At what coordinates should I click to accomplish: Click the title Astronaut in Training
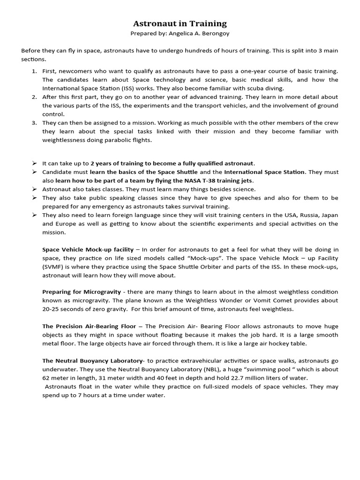pyautogui.click(x=180, y=23)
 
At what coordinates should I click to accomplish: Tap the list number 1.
pyautogui.click(x=34, y=71)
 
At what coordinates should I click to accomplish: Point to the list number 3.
pyautogui.click(x=34, y=123)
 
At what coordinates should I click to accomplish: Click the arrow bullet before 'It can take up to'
pyautogui.click(x=34, y=163)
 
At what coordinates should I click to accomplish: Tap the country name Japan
pyautogui.click(x=328, y=215)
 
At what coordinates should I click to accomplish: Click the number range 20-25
pyautogui.click(x=52, y=309)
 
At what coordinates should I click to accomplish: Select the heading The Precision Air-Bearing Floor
pyautogui.click(x=89, y=326)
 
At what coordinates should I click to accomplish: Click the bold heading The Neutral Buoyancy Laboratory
pyautogui.click(x=92, y=361)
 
